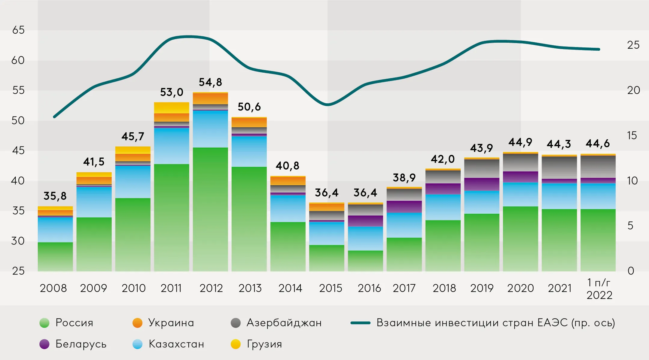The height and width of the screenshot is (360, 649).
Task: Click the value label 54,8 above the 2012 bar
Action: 210,82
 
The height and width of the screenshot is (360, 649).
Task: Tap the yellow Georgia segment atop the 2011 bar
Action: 172,107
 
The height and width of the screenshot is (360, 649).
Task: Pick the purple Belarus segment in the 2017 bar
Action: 404,207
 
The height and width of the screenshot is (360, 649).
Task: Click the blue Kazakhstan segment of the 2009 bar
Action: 94,202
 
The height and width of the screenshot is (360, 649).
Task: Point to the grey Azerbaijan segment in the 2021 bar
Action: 559,168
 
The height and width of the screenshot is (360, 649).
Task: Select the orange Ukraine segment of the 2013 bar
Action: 249,122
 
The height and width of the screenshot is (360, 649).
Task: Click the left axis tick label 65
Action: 18,30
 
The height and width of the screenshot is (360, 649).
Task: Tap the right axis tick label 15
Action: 632,136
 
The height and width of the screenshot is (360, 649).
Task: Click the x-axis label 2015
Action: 331,288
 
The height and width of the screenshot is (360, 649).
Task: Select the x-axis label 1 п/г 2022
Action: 599,289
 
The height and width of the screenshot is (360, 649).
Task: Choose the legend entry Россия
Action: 74,323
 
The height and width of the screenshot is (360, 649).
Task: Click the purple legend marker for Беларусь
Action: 44,344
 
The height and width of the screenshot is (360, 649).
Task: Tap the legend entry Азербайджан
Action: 284,323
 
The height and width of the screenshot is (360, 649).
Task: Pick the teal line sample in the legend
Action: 360,323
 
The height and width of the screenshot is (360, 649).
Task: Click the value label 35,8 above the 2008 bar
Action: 55,196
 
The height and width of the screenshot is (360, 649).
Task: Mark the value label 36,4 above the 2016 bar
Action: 365,192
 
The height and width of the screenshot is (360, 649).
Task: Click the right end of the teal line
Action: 599,49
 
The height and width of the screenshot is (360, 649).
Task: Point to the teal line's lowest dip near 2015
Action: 328,105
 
